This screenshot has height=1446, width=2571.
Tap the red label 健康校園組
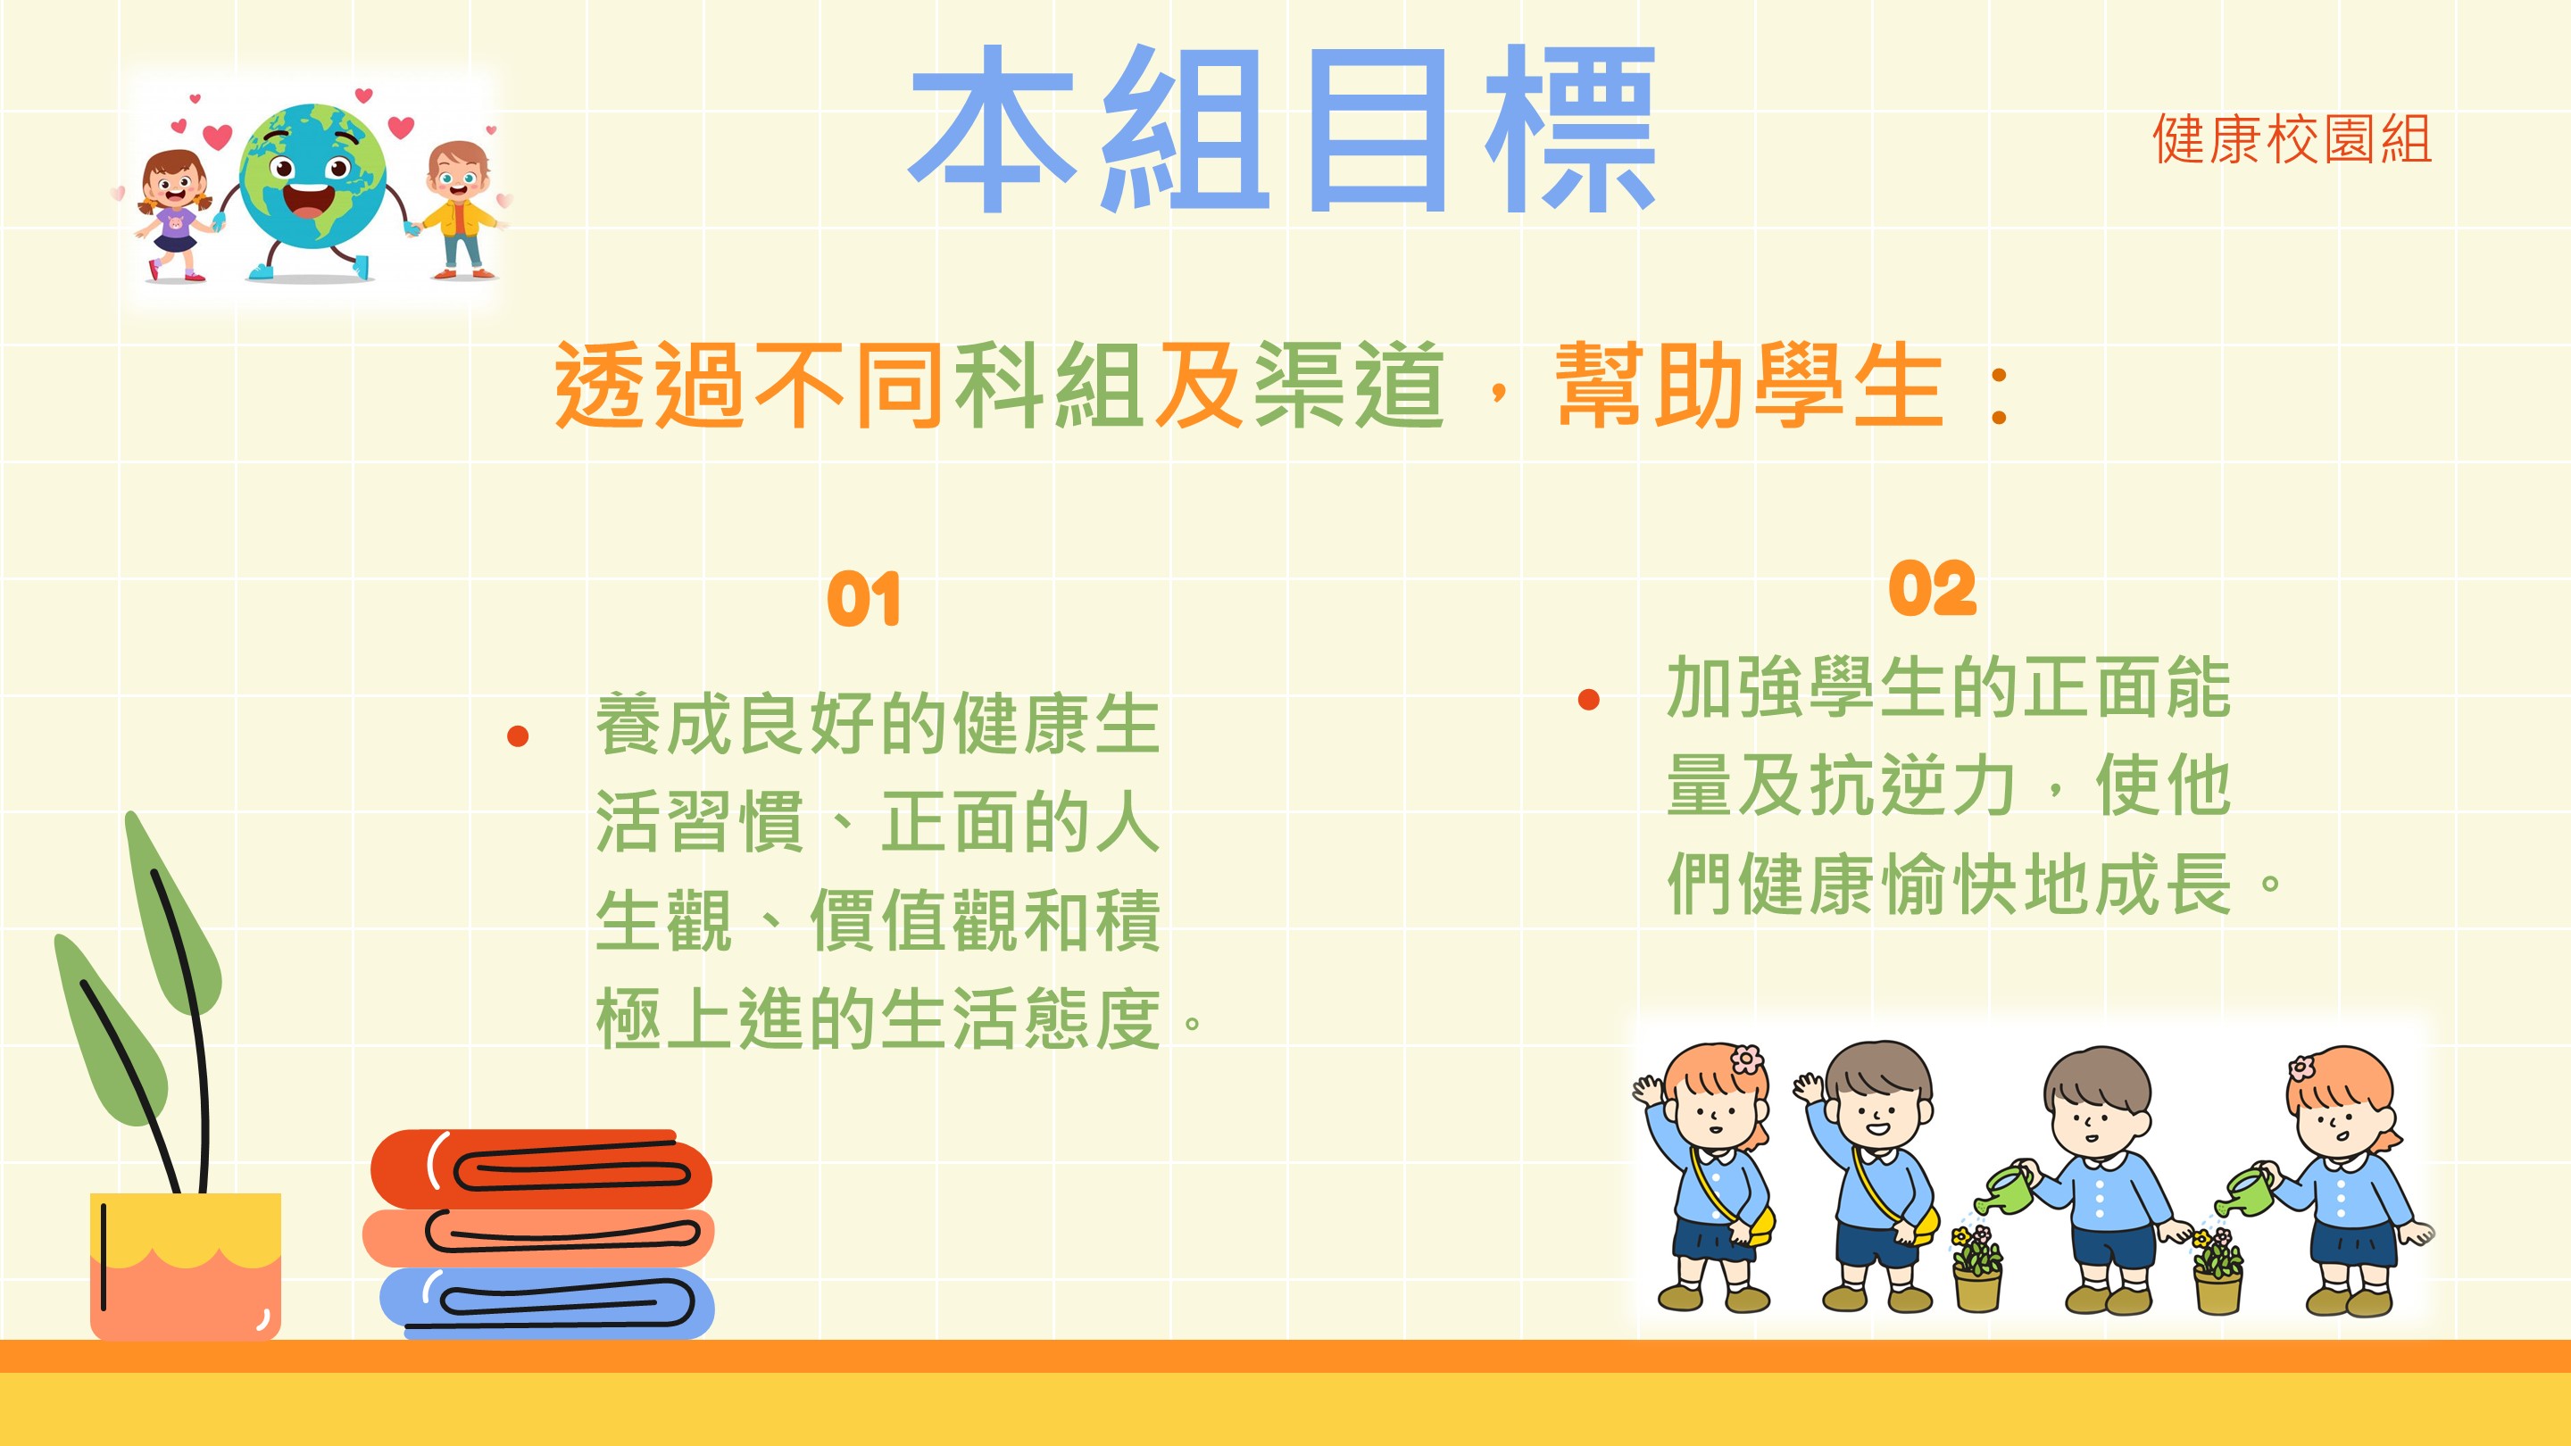(2292, 138)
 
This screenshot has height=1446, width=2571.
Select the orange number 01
(863, 599)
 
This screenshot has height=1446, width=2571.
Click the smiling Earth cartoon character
(312, 189)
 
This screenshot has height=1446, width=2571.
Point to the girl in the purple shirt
(175, 215)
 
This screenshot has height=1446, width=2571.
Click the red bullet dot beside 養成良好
(517, 736)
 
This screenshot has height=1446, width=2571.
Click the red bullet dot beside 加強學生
(1589, 700)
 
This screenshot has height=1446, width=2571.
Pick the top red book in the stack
(541, 1168)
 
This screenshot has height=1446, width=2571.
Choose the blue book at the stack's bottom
(547, 1302)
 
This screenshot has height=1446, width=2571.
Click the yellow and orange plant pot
(186, 1267)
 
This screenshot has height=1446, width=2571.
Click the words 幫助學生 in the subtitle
(1749, 386)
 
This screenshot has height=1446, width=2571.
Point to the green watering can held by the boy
(2004, 1191)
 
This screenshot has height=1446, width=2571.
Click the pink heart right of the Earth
(400, 127)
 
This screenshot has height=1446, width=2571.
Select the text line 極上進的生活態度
(878, 1018)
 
